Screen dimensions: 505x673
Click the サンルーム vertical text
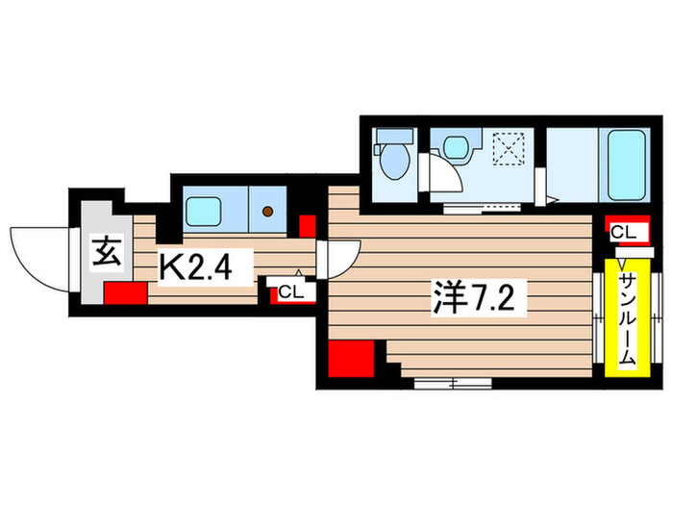pos(626,318)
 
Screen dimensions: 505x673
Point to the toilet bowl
pos(394,163)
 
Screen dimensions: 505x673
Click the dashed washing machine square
pos(506,148)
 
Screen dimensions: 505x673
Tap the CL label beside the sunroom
pos(623,232)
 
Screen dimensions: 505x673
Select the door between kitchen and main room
pos(340,258)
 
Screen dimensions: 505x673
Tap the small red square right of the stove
pos(308,227)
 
